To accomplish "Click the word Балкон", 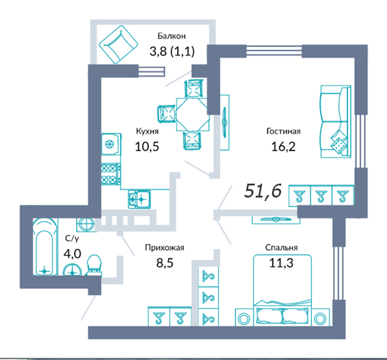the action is (x=172, y=36).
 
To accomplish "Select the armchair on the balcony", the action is (x=119, y=44).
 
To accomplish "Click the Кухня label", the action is (x=147, y=131).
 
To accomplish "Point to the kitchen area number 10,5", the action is (x=147, y=146).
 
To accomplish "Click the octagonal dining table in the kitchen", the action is (x=193, y=114).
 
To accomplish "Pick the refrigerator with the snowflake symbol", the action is (x=111, y=144).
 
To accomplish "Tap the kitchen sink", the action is (x=139, y=199).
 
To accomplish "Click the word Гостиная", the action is (x=284, y=131).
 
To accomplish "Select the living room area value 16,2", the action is (x=284, y=146).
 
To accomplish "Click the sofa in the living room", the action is (x=336, y=121).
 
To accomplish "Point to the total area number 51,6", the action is (x=263, y=191).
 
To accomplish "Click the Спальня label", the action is (x=281, y=247).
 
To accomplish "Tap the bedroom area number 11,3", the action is (x=281, y=263).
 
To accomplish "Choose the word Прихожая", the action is (x=164, y=247).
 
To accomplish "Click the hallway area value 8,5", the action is (x=165, y=263).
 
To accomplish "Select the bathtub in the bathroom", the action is (x=45, y=247).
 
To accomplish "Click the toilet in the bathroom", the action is (x=94, y=266).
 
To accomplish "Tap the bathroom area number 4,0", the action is (x=72, y=254).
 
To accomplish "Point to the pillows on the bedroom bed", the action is (x=282, y=316).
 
